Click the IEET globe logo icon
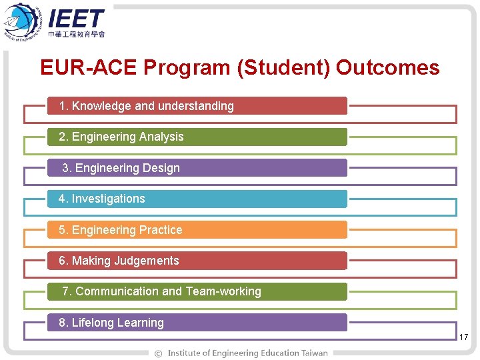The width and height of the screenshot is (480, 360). click(22, 22)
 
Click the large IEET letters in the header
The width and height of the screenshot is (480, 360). click(76, 18)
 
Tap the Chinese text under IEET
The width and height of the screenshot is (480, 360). click(77, 34)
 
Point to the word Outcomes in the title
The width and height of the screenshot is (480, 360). click(387, 68)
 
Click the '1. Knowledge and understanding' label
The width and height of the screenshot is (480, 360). click(146, 106)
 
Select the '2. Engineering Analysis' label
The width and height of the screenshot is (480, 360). click(121, 137)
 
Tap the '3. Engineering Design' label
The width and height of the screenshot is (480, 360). click(121, 168)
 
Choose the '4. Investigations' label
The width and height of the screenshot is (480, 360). click(101, 199)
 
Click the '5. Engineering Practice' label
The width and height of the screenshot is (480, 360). click(120, 230)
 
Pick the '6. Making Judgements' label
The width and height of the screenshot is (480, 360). click(119, 261)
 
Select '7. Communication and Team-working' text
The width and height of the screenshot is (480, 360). click(161, 291)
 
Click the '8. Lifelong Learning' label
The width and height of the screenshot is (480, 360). click(111, 323)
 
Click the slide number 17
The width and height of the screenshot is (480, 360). click(464, 338)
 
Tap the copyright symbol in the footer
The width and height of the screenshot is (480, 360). click(158, 353)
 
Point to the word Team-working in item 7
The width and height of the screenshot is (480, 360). click(223, 291)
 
